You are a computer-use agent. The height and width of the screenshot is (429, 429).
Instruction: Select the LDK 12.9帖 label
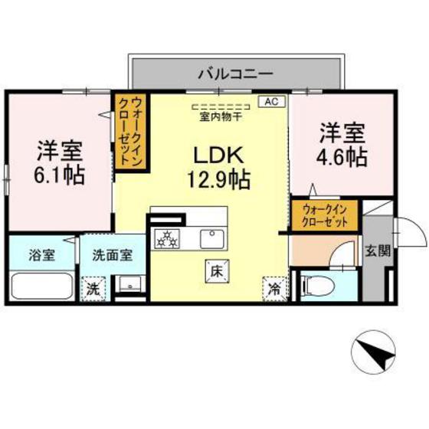point(218,168)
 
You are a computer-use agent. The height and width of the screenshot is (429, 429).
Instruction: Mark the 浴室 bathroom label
point(43,256)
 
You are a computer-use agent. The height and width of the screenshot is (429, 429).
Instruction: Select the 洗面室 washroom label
point(113,256)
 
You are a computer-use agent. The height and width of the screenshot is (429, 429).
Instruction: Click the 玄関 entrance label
point(376,251)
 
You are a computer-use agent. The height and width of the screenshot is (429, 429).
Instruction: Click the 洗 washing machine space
point(93,289)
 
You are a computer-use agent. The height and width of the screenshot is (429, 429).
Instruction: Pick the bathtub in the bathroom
point(42,288)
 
